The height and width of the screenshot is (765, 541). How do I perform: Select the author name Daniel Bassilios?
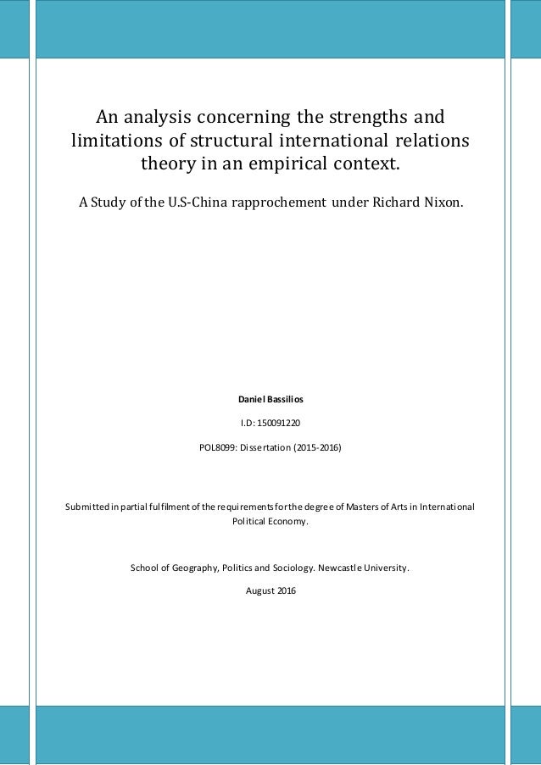coord(270,396)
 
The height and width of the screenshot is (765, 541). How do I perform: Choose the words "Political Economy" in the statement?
coord(270,522)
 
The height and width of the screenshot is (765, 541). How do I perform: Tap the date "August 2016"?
coord(270,590)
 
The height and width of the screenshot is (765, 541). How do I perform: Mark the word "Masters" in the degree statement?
coord(355,507)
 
